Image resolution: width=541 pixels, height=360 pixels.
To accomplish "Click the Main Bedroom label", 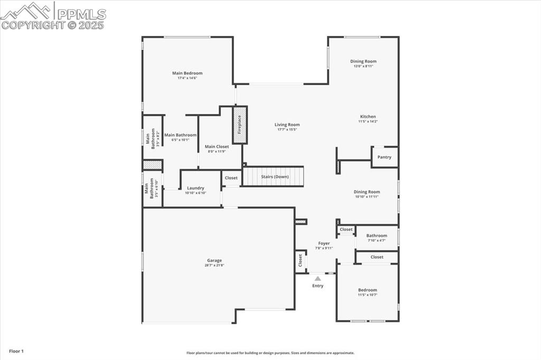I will [x=187, y=73].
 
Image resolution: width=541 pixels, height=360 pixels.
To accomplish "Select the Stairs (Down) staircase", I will [x=273, y=176].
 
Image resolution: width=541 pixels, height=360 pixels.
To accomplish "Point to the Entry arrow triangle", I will [x=318, y=278].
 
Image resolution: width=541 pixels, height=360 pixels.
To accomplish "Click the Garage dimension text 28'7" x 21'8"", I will [x=214, y=266].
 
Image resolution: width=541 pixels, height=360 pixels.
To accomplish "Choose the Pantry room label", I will [x=384, y=157].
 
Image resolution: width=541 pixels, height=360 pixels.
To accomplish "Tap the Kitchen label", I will [x=368, y=117].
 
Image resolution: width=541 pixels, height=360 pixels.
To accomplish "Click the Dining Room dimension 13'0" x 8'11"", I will [x=364, y=67].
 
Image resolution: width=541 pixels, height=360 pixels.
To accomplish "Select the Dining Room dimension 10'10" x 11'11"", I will [x=367, y=197].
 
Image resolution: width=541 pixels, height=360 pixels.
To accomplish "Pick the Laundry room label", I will [x=195, y=188].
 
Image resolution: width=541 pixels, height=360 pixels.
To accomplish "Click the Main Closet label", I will [x=217, y=147].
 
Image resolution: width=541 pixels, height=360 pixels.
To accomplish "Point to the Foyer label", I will [x=324, y=243].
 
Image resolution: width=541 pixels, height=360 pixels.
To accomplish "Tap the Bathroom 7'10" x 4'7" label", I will [x=377, y=235].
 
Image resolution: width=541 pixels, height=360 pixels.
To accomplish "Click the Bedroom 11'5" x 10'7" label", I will [x=367, y=290].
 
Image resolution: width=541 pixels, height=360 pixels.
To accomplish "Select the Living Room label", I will [x=287, y=125].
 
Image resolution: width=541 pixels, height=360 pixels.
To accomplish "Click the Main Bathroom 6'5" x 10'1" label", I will [x=180, y=135].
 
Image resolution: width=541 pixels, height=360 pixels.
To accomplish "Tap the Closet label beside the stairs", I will [x=231, y=178].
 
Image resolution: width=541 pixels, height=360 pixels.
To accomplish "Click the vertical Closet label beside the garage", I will [x=300, y=260].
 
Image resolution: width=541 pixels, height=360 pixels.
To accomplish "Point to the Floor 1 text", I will [x=16, y=351].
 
